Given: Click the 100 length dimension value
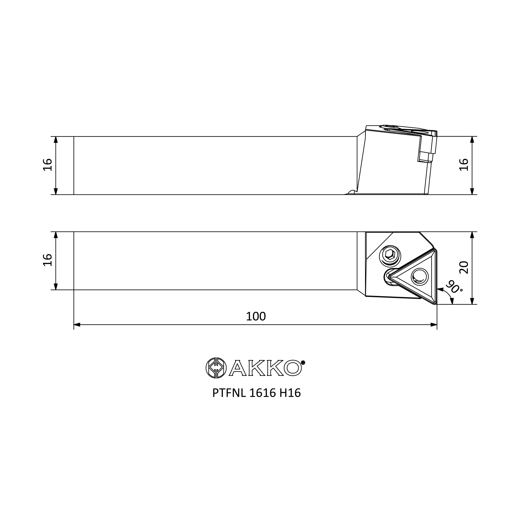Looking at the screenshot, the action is point(256,316).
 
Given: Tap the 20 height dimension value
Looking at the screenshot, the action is point(464,268).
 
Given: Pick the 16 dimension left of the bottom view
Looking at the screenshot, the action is point(47,260).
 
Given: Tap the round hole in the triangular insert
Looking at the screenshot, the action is point(420,276).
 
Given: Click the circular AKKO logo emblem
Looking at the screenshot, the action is point(216,368).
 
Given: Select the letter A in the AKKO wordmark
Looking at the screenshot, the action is point(237,368).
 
